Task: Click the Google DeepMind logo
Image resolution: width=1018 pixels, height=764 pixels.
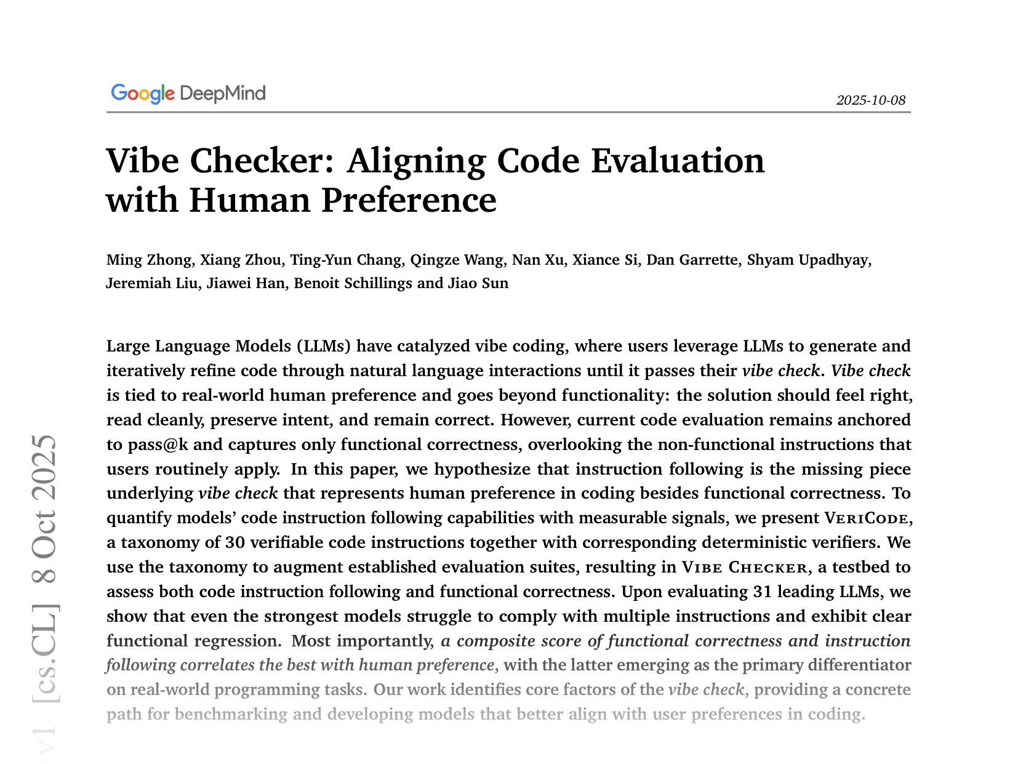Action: [188, 94]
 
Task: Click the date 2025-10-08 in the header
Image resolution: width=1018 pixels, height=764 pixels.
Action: [870, 100]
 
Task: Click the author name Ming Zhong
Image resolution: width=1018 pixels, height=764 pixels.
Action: [148, 260]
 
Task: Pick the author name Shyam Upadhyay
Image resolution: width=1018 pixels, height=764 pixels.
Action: [808, 260]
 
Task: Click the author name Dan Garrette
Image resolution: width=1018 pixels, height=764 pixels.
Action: [692, 260]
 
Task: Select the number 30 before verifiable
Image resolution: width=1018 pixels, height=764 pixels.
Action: [235, 542]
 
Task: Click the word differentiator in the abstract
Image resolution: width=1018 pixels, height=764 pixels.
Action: [857, 665]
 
